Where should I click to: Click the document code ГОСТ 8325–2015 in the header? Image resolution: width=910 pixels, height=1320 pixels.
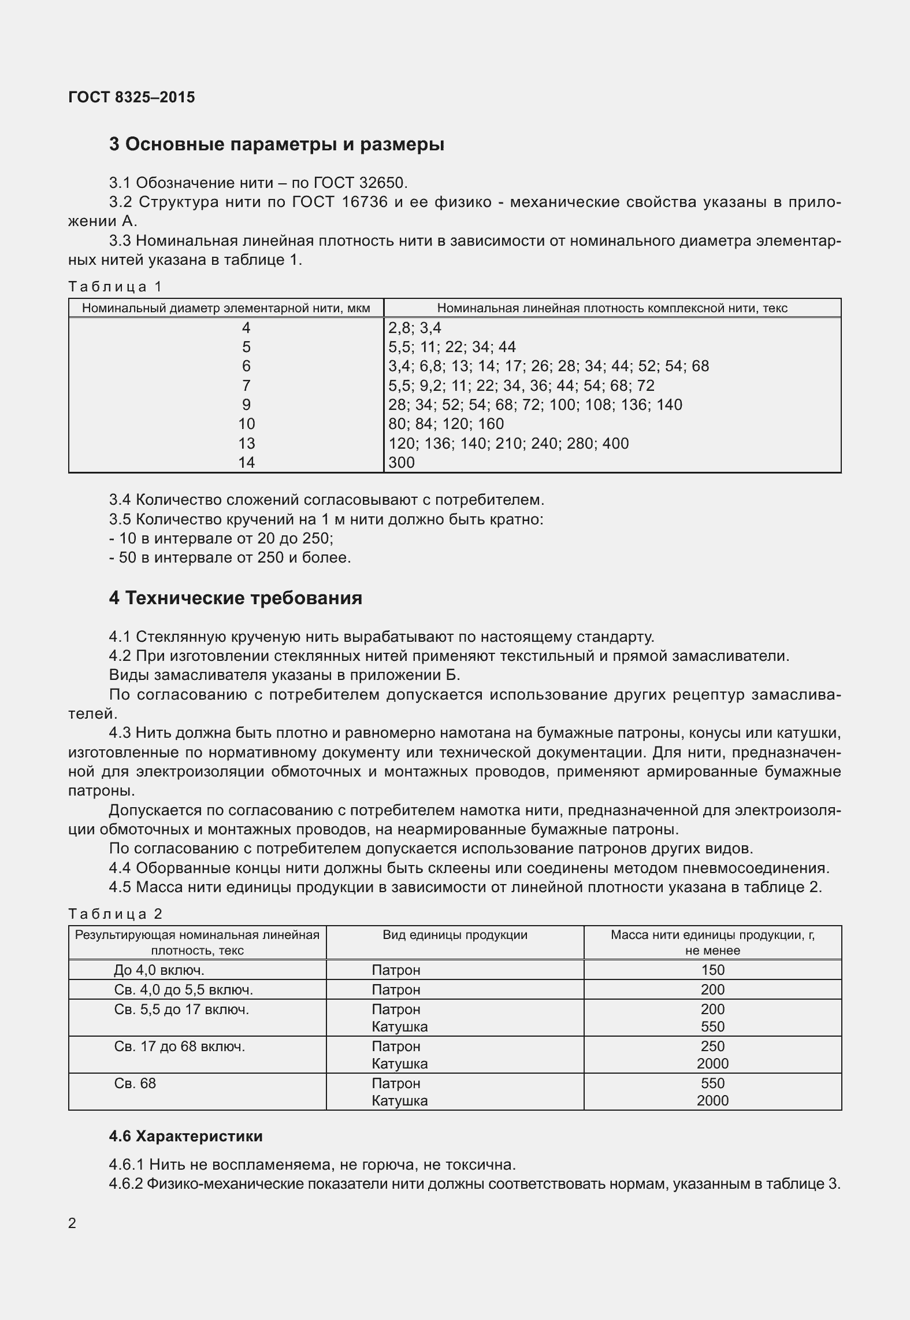132,97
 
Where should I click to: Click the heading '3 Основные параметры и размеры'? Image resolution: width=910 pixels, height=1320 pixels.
276,144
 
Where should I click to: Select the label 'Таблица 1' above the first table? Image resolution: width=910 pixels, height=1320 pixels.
116,286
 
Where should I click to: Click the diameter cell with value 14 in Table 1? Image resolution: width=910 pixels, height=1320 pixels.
246,463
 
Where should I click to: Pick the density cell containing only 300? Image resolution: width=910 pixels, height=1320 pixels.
402,463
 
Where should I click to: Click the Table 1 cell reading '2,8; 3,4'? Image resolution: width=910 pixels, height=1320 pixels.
414,328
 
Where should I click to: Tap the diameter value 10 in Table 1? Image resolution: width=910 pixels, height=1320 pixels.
246,424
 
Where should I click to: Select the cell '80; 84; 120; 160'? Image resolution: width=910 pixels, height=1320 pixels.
446,424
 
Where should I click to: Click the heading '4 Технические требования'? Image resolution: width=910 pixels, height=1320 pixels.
235,598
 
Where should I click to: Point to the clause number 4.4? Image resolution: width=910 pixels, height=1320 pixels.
120,868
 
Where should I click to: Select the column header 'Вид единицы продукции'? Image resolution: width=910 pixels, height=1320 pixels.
455,935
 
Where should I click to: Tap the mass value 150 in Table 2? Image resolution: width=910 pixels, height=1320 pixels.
712,970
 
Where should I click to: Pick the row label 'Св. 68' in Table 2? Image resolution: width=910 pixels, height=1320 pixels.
135,1083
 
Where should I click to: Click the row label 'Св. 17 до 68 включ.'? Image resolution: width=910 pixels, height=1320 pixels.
180,1046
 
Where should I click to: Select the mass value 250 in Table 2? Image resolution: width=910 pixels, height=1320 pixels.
712,1046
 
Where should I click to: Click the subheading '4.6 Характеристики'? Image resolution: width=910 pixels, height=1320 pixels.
185,1136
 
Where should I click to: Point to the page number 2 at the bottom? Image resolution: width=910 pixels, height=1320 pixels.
72,1223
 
